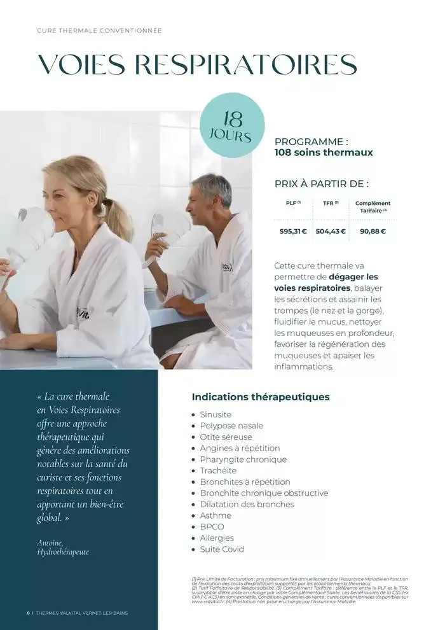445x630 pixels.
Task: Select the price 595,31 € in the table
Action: (x=293, y=231)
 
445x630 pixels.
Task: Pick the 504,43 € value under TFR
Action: (x=331, y=231)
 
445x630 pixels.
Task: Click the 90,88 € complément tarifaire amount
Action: (x=373, y=231)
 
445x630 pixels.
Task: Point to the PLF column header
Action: (x=292, y=203)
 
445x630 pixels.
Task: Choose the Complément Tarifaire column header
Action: (x=373, y=206)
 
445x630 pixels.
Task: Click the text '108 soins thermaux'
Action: (x=324, y=153)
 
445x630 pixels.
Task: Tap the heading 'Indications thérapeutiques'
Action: (x=261, y=397)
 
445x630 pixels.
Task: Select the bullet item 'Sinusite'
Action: (x=216, y=414)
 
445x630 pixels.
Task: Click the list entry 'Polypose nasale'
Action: (x=231, y=426)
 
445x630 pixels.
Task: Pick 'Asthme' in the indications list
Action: (x=216, y=515)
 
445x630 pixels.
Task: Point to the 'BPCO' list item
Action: (x=212, y=527)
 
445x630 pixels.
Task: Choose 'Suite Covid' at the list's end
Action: (x=222, y=549)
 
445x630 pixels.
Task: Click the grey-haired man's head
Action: (x=211, y=190)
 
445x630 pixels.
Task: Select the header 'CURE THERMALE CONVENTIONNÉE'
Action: (x=99, y=31)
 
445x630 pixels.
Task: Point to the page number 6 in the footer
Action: (x=28, y=613)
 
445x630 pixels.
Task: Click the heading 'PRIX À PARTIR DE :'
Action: (x=322, y=184)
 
